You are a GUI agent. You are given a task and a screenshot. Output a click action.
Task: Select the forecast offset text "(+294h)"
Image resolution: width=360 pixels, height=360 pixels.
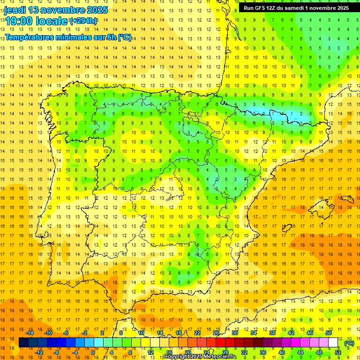tap(83, 21)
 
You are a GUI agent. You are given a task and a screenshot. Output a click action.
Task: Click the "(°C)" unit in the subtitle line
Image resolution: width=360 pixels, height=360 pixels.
tap(124, 37)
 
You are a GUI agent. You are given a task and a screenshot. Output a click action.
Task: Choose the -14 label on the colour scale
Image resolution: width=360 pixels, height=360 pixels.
tap(30, 333)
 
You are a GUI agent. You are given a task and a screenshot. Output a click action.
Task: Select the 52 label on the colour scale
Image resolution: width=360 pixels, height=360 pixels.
tap(337, 352)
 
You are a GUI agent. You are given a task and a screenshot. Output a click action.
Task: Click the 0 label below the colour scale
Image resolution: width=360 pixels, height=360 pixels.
tap(93, 352)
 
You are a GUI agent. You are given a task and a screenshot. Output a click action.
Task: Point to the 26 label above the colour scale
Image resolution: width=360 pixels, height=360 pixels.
tap(216, 333)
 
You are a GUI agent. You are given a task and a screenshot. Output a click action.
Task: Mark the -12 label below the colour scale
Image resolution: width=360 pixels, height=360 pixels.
tap(39, 352)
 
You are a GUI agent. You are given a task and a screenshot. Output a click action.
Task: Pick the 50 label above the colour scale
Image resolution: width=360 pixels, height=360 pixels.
tap(328, 333)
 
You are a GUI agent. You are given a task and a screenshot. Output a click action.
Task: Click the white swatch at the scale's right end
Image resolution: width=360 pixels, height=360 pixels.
tap(333, 343)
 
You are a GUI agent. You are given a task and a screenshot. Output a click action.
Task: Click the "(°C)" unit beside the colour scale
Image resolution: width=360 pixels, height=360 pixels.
tap(349, 343)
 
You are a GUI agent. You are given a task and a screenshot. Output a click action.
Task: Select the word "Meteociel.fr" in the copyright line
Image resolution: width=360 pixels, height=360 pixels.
tap(220, 357)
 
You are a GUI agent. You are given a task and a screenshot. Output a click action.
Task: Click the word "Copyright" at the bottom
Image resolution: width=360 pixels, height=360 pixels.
tap(176, 357)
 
